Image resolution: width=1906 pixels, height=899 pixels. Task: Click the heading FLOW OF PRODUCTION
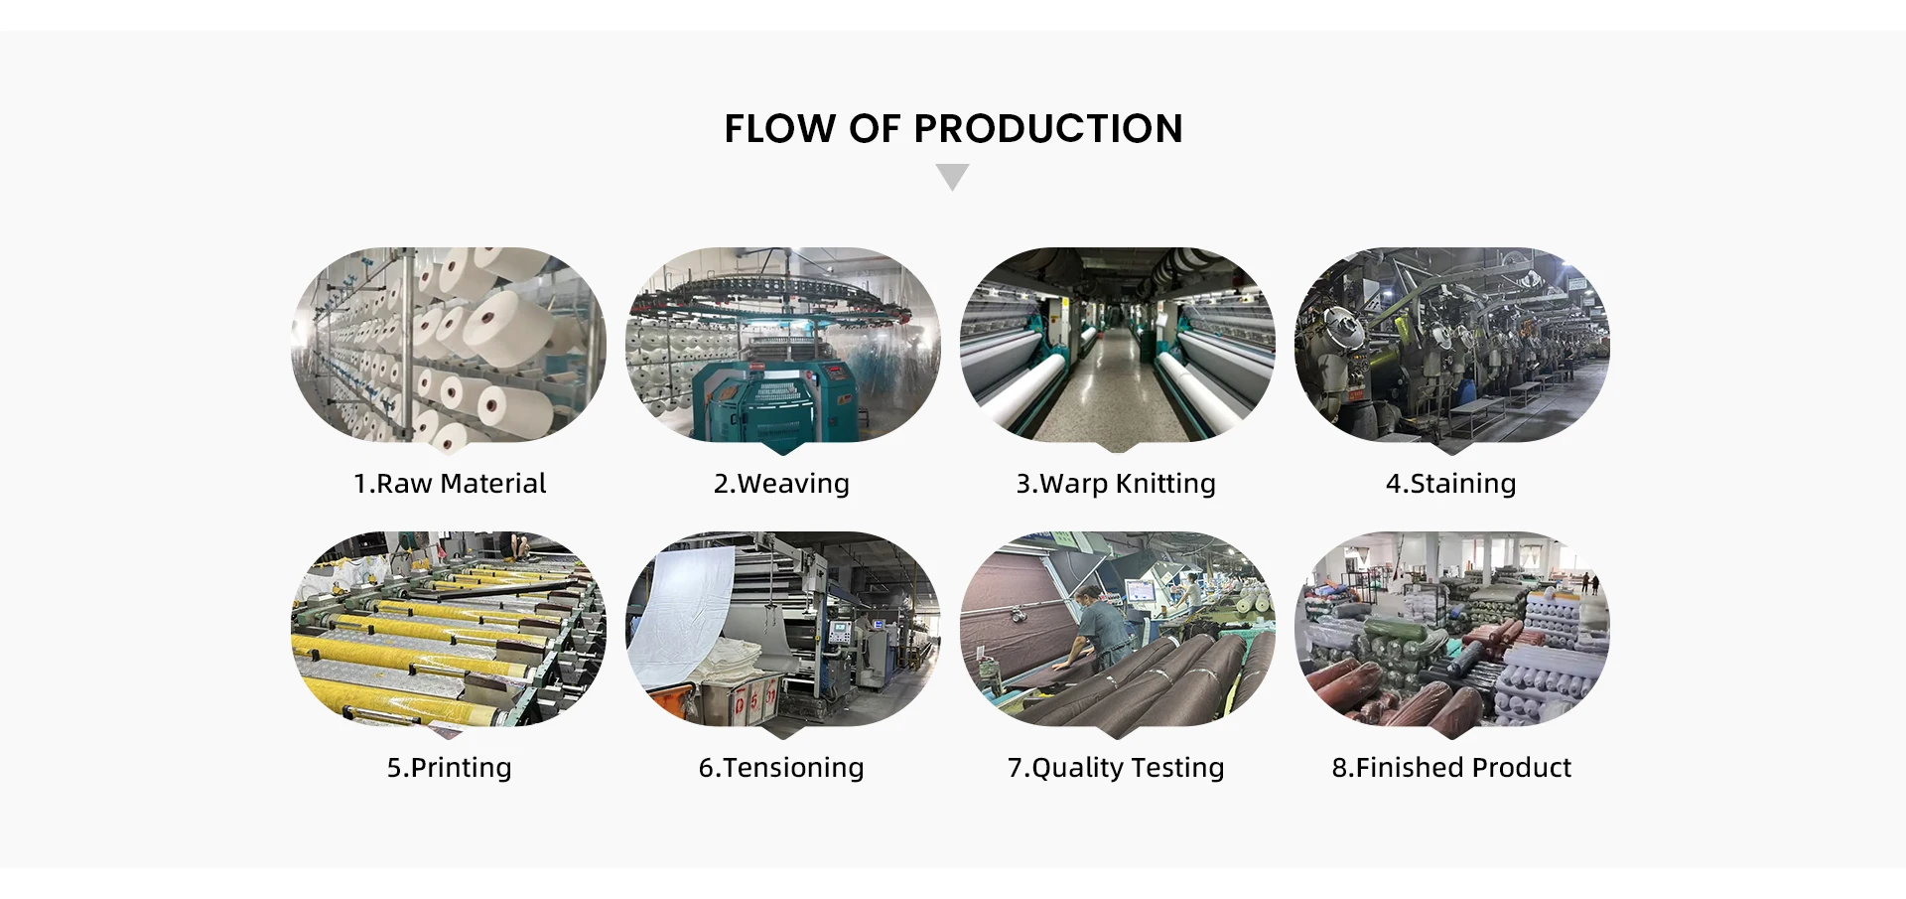pyautogui.click(x=953, y=129)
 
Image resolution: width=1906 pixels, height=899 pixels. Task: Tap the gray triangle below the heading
pyautogui.click(x=952, y=176)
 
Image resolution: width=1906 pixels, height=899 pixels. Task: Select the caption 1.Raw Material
pyautogui.click(x=450, y=484)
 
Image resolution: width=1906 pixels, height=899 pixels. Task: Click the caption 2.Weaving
pyautogui.click(x=781, y=484)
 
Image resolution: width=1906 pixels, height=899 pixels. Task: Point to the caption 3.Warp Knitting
pyautogui.click(x=1115, y=484)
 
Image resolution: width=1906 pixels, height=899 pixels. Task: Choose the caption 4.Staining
pyautogui.click(x=1450, y=484)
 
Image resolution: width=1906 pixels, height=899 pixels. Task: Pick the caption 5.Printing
pyautogui.click(x=450, y=768)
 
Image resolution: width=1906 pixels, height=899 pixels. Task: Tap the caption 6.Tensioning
pyautogui.click(x=781, y=768)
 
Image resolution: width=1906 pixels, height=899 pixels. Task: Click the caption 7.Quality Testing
pyautogui.click(x=1116, y=768)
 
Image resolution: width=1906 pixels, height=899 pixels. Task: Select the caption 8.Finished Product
pyautogui.click(x=1451, y=768)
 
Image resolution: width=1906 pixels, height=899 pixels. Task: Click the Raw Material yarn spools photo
pyautogui.click(x=449, y=345)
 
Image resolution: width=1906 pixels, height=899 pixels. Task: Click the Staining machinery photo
pyautogui.click(x=1451, y=345)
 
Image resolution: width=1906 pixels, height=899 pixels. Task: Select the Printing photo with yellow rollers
pyautogui.click(x=449, y=629)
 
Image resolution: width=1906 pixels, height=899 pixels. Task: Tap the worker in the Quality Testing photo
pyautogui.click(x=1092, y=631)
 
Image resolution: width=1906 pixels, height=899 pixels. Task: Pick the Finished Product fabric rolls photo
pyautogui.click(x=1451, y=629)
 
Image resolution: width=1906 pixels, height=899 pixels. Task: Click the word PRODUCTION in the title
pyautogui.click(x=1047, y=129)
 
